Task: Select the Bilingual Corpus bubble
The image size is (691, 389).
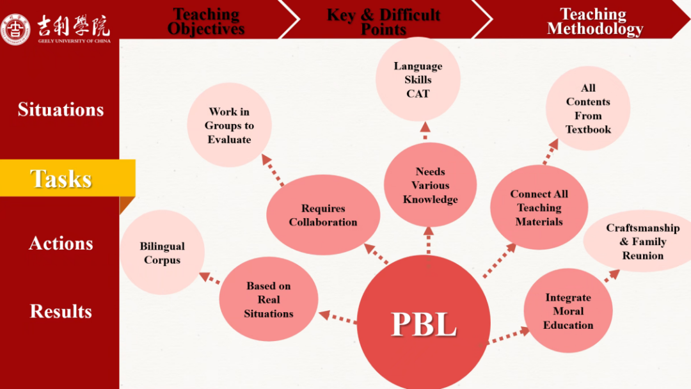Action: [162, 253]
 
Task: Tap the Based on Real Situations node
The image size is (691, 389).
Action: [269, 299]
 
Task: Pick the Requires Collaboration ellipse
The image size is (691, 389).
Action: [323, 215]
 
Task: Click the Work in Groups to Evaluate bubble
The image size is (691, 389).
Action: [229, 125]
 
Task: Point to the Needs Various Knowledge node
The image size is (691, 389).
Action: [430, 186]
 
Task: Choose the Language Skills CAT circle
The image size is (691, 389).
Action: [418, 80]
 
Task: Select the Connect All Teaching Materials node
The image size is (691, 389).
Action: [539, 208]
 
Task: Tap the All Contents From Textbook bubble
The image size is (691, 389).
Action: [588, 109]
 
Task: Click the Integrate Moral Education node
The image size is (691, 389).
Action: [568, 311]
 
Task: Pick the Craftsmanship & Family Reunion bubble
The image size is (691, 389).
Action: [642, 241]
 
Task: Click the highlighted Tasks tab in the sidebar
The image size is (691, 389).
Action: [61, 179]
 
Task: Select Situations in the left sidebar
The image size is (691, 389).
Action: [61, 109]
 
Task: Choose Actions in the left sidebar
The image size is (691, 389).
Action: [61, 243]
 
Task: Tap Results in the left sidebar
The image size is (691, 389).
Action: [61, 312]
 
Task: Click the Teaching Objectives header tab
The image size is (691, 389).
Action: [206, 21]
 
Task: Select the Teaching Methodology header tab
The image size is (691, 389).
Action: [594, 21]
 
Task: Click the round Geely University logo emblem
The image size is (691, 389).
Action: [15, 29]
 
